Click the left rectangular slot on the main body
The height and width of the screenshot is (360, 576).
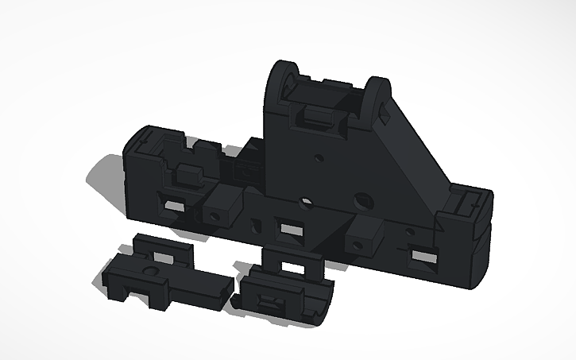point(171,205)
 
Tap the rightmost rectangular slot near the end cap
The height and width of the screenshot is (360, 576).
point(423,257)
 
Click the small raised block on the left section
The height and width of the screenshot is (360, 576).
point(188,172)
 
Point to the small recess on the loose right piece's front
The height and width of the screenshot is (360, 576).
point(271,303)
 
